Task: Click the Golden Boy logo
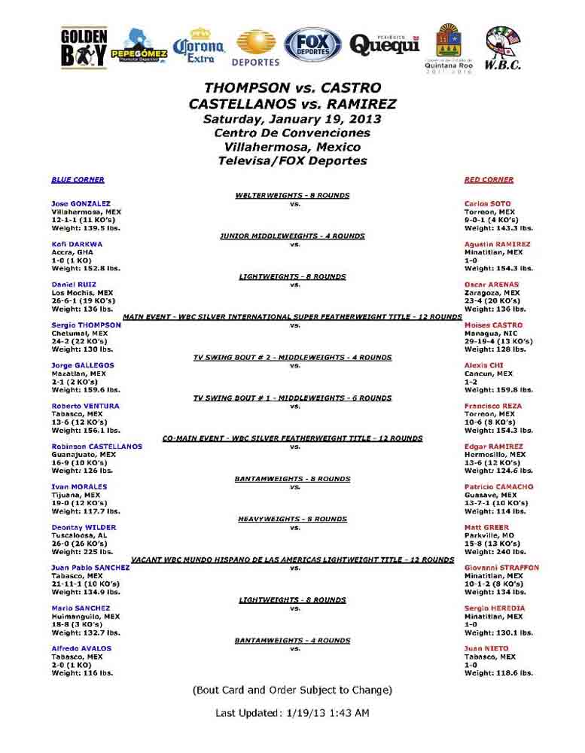click(x=84, y=48)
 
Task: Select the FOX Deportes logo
click(x=312, y=45)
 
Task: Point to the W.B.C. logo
click(x=503, y=48)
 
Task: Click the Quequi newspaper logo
click(x=384, y=44)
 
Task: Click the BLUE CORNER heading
click(x=78, y=180)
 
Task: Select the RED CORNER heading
click(x=489, y=180)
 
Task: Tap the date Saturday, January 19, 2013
click(x=292, y=119)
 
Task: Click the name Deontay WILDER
click(x=84, y=527)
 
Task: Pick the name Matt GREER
click(x=486, y=527)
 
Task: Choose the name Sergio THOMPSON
click(x=86, y=325)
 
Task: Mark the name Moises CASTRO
click(x=493, y=325)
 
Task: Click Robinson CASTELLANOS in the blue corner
click(x=96, y=447)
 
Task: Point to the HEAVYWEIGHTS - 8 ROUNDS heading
click(x=292, y=519)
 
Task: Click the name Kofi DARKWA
click(x=77, y=244)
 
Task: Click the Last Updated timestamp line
click(x=292, y=712)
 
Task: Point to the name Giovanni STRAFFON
click(x=501, y=568)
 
